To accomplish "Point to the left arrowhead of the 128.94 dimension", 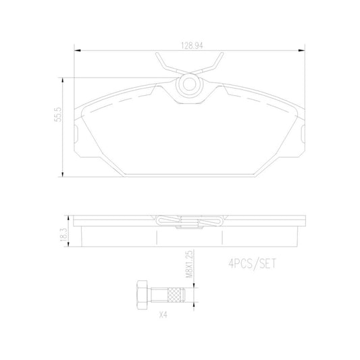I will click(76, 50).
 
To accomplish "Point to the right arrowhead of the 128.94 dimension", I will click(303, 50).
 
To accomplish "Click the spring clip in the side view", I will click(189, 222).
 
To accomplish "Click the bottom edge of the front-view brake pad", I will click(190, 175).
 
